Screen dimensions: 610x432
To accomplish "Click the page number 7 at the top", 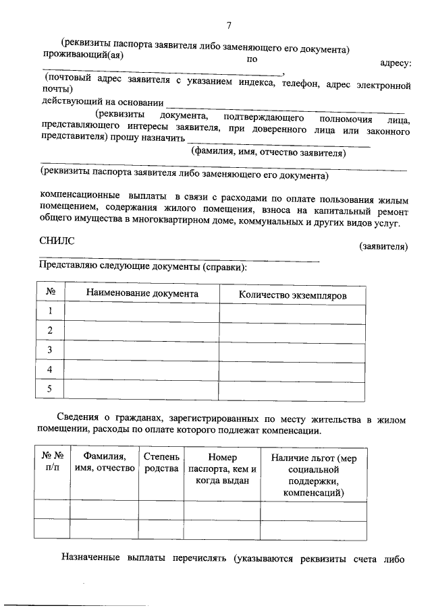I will click(229, 26).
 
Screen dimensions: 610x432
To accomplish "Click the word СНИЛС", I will click(57, 240).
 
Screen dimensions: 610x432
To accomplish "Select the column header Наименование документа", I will click(142, 295).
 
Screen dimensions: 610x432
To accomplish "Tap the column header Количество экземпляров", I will click(292, 295).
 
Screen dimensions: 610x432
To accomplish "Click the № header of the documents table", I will click(50, 295).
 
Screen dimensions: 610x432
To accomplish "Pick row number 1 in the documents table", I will click(50, 311).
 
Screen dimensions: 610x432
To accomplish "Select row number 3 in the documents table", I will click(50, 350).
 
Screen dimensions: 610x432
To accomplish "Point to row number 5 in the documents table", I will click(50, 388).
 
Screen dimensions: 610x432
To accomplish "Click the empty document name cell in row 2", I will click(142, 330).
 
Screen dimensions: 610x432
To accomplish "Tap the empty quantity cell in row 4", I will click(292, 369).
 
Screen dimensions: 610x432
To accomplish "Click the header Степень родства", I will click(161, 462).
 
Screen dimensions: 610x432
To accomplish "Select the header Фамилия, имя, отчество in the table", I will click(105, 462).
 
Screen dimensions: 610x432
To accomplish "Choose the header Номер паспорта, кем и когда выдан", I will click(222, 468).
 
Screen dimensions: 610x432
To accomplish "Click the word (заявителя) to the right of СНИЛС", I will click(383, 247).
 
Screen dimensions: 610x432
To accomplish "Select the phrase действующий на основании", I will click(103, 102).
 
